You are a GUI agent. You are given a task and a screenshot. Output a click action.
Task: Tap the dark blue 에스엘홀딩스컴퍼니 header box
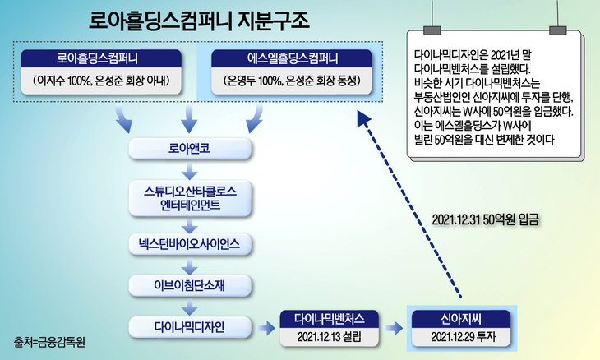pyautogui.click(x=281, y=58)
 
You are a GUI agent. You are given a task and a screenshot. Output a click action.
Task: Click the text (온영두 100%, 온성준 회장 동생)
pyautogui.click(x=281, y=82)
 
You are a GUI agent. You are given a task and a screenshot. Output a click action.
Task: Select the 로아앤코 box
pyautogui.click(x=189, y=150)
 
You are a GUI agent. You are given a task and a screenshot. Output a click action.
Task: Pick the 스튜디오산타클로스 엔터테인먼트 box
pyautogui.click(x=189, y=198)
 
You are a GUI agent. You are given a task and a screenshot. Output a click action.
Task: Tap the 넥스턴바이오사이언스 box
pyautogui.click(x=189, y=245)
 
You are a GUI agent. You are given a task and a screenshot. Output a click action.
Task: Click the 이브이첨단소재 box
pyautogui.click(x=189, y=285)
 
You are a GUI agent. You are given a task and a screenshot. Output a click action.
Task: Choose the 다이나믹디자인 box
pyautogui.click(x=189, y=327)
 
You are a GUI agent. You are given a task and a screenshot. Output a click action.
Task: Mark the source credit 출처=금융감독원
pyautogui.click(x=51, y=340)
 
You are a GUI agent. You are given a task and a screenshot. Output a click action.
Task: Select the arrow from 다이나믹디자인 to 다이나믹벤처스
pyautogui.click(x=265, y=328)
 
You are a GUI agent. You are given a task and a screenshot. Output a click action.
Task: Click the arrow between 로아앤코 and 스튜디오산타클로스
pyautogui.click(x=189, y=172)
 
